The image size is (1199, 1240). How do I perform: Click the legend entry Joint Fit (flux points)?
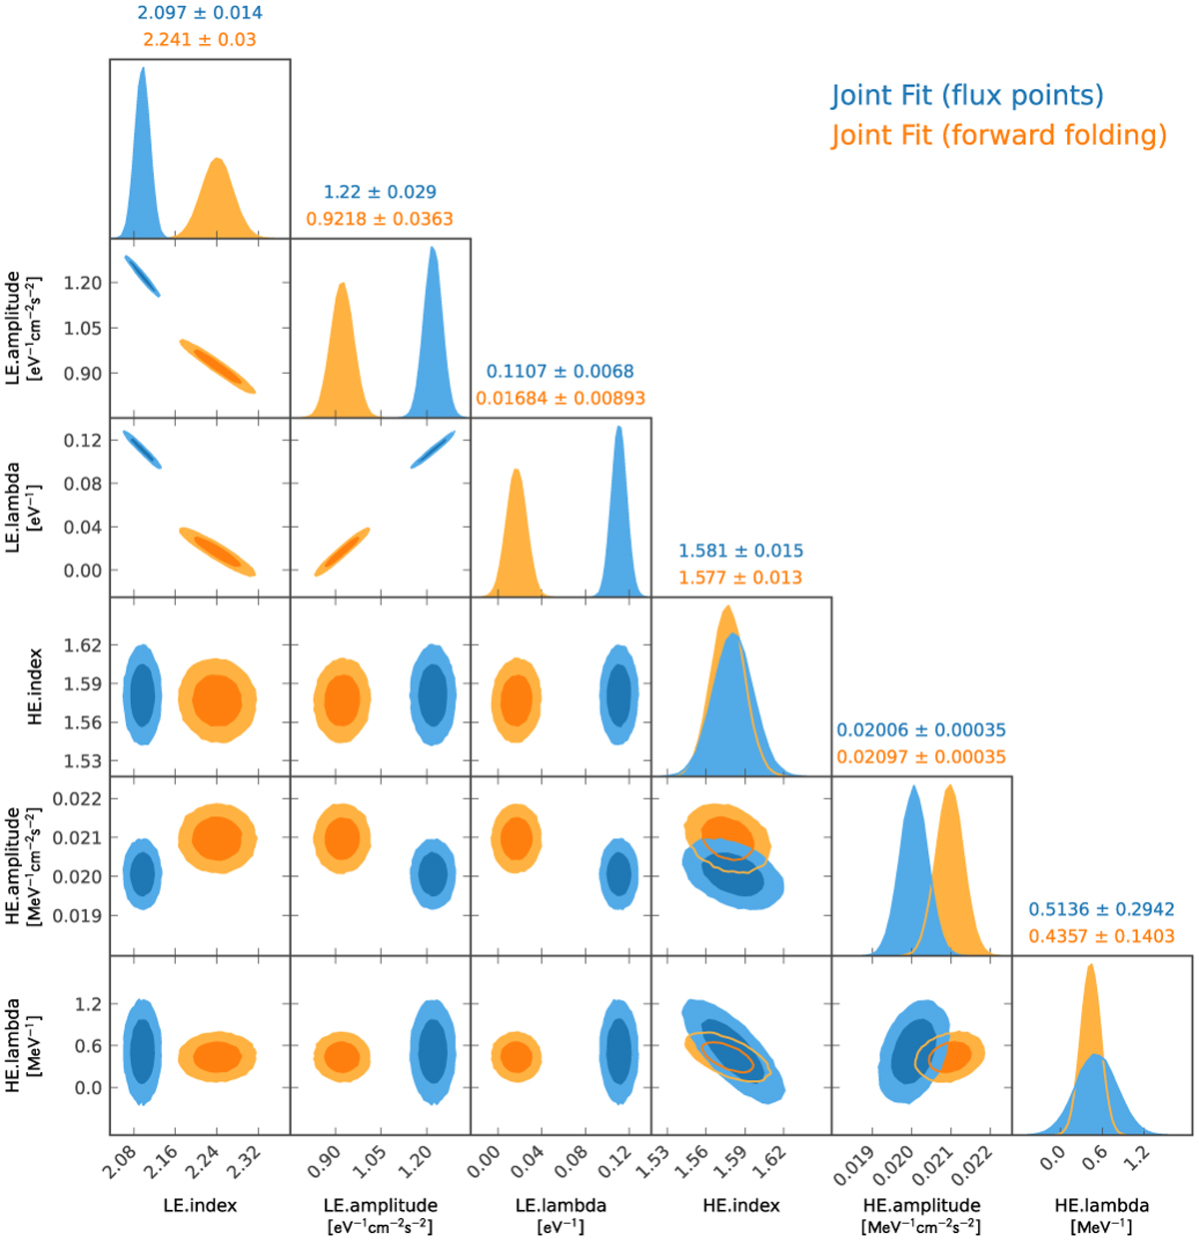coord(967,96)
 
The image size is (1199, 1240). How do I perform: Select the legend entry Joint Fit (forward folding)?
coord(998,135)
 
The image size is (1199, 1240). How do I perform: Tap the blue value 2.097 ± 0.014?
coord(200,13)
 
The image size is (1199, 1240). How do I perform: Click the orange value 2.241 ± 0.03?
coord(200,40)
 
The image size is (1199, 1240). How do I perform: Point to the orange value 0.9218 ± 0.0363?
coord(380,219)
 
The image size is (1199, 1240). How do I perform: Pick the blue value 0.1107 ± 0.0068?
coord(561,372)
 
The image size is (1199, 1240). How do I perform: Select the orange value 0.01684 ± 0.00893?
coord(561,399)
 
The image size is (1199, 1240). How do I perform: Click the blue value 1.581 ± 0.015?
coord(740,552)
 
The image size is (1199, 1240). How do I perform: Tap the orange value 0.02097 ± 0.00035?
coord(921,757)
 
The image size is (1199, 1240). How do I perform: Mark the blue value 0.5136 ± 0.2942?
coord(1102,910)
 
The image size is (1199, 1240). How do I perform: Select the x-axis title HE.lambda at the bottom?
coord(1102,1206)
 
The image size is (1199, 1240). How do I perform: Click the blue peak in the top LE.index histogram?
coord(142,70)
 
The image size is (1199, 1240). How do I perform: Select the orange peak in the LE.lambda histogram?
coord(517,471)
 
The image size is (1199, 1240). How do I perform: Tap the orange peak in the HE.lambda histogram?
coord(1090,965)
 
